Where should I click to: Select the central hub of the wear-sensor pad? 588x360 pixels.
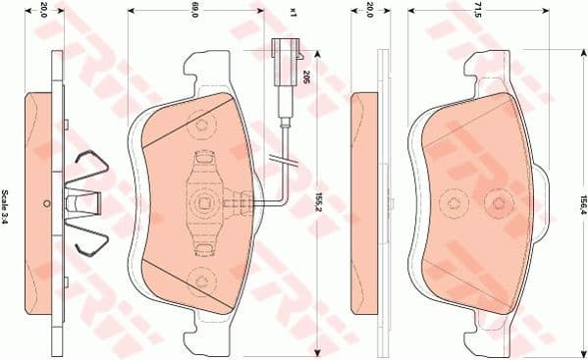point(204,203)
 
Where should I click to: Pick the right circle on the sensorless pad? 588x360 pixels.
point(501,203)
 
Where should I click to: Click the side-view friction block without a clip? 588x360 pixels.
point(363,203)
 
